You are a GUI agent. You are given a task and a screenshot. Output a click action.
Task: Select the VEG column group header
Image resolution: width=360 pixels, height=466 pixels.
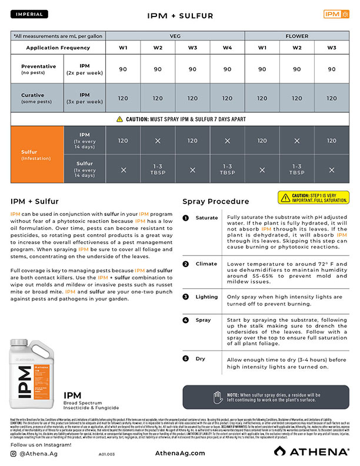pyautogui.click(x=175, y=36)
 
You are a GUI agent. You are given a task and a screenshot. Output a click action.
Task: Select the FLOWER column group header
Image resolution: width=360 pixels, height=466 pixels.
pyautogui.click(x=296, y=36)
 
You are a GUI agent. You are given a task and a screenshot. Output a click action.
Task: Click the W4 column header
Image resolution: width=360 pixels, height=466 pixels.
pyautogui.click(x=227, y=47)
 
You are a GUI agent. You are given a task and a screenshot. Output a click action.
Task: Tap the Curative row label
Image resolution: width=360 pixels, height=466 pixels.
pyautogui.click(x=36, y=98)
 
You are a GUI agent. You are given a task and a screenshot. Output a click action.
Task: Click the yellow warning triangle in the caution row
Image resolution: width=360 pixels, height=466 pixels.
pyautogui.click(x=121, y=119)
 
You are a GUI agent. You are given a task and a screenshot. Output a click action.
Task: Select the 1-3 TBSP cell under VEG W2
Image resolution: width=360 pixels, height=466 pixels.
pyautogui.click(x=158, y=169)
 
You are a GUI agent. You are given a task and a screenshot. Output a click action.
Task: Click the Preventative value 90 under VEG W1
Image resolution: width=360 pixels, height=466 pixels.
pyautogui.click(x=123, y=69)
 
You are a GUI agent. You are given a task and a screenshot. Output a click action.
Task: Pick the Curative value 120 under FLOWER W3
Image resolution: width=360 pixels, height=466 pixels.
pyautogui.click(x=331, y=98)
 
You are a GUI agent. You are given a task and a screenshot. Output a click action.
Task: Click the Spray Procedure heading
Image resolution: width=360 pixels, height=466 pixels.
pyautogui.click(x=215, y=201)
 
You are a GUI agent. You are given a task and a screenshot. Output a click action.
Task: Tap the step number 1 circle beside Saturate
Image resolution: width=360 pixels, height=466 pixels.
pyautogui.click(x=185, y=218)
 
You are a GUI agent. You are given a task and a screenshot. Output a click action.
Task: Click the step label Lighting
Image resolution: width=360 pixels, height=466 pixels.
pyautogui.click(x=206, y=297)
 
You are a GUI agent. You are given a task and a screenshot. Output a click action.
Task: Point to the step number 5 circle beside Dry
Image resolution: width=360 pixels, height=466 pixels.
pyautogui.click(x=185, y=358)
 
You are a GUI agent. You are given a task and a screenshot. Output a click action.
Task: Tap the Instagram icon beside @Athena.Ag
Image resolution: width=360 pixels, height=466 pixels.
pyautogui.click(x=14, y=454)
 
